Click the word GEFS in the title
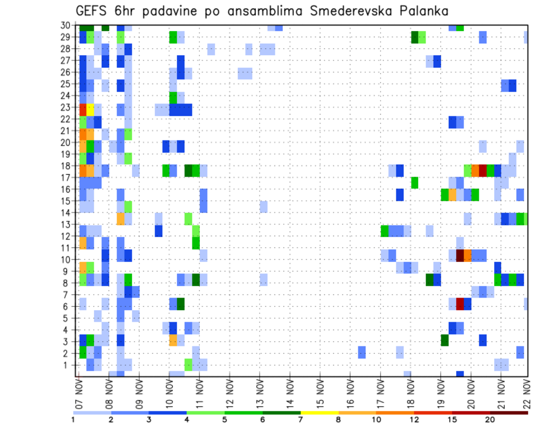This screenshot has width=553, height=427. [93, 11]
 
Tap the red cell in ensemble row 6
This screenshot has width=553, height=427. [460, 304]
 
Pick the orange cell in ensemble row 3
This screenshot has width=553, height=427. [173, 340]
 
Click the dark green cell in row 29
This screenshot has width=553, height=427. [414, 37]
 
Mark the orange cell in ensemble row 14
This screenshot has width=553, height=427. [120, 219]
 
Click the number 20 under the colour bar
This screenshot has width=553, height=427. [490, 420]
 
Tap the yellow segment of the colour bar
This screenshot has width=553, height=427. [319, 413]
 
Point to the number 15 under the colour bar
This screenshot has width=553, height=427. [452, 420]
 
